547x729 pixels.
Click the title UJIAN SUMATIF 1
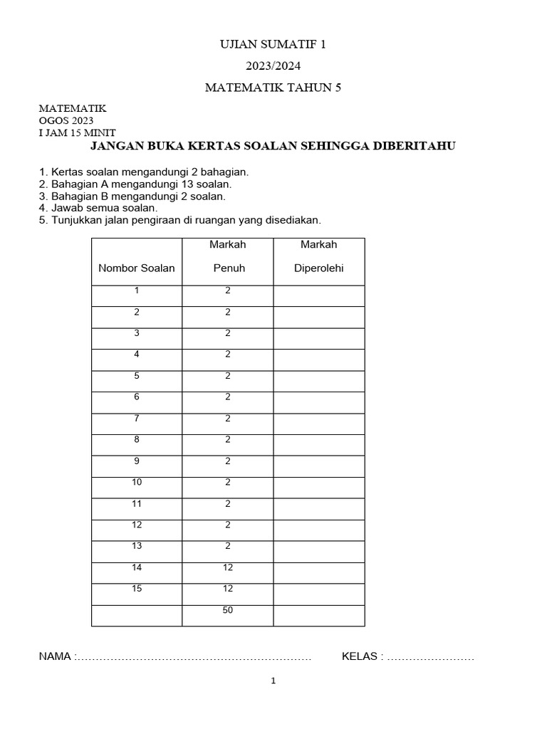(x=273, y=45)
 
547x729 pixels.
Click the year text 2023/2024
(x=273, y=66)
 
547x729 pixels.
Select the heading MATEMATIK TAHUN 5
(x=273, y=88)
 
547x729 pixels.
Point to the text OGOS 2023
(x=66, y=120)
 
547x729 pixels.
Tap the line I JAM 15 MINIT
(x=77, y=132)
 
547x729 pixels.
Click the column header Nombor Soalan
(x=136, y=268)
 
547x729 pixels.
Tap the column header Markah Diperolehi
(x=318, y=256)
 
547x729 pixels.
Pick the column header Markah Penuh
(x=228, y=256)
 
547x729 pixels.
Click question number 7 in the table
(x=137, y=419)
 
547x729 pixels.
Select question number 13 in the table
(x=137, y=546)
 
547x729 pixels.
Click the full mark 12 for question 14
(x=228, y=567)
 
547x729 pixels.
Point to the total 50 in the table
(x=228, y=610)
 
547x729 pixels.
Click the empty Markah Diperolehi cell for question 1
(x=318, y=295)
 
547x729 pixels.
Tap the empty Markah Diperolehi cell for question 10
(x=318, y=488)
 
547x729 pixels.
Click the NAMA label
(x=55, y=656)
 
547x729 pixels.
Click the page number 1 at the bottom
(x=273, y=681)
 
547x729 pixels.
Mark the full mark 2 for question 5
(x=228, y=376)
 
